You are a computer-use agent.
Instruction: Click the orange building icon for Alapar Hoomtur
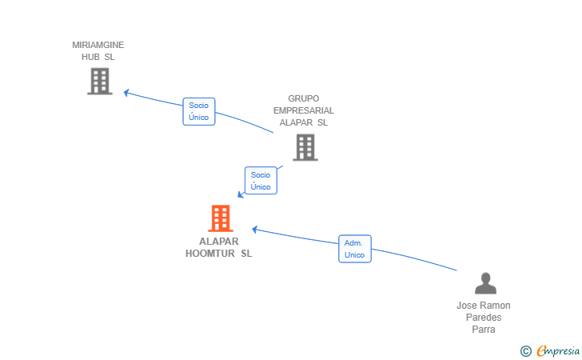click(x=221, y=218)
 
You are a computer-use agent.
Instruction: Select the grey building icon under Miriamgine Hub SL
click(x=100, y=82)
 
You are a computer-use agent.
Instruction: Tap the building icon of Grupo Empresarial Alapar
click(x=305, y=147)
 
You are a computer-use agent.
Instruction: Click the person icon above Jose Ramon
click(x=485, y=283)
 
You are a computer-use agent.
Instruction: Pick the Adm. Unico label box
click(x=355, y=249)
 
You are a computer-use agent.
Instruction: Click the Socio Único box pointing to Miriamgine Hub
click(x=199, y=111)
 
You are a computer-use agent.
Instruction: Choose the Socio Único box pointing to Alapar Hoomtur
click(x=261, y=181)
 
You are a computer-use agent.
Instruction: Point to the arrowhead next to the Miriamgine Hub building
click(x=126, y=93)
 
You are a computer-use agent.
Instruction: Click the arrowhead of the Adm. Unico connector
click(x=255, y=230)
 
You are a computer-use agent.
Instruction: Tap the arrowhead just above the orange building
click(x=241, y=194)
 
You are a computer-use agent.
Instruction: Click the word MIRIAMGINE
click(x=98, y=45)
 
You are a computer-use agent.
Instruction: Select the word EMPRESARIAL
click(x=304, y=110)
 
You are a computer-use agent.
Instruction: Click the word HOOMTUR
click(x=210, y=254)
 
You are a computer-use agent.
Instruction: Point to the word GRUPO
click(x=304, y=99)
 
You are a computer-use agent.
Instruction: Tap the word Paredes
click(x=484, y=318)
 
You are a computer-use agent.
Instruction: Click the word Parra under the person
click(x=484, y=330)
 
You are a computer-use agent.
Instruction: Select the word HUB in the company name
click(x=90, y=57)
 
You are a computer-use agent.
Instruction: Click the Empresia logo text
click(x=558, y=350)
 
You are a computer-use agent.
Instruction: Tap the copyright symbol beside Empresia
click(x=526, y=351)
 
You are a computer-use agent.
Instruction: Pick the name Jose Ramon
click(x=484, y=306)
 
